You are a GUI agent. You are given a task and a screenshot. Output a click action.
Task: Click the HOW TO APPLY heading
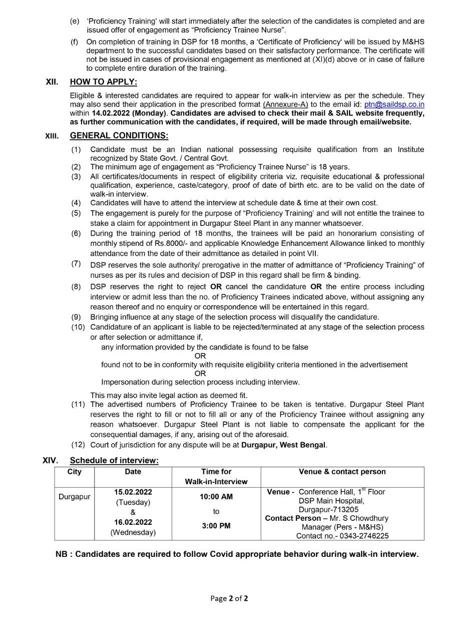(x=103, y=82)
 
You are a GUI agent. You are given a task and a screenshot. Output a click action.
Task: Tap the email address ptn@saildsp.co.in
(x=394, y=104)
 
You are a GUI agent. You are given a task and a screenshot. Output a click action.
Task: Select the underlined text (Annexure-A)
(x=285, y=104)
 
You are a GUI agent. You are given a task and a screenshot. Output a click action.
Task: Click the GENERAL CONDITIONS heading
(x=119, y=136)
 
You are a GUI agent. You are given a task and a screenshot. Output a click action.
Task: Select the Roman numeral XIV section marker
(x=50, y=460)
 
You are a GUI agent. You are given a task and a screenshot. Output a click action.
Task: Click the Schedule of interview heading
(x=114, y=461)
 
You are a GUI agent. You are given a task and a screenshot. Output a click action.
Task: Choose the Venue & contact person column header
(x=342, y=472)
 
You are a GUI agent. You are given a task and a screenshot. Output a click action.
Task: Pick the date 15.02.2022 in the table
(x=133, y=492)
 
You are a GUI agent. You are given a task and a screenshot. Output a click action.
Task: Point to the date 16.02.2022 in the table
(x=133, y=522)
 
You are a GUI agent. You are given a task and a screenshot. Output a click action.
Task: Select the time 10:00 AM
(x=216, y=497)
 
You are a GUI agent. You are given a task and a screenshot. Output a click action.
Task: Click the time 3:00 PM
(x=216, y=526)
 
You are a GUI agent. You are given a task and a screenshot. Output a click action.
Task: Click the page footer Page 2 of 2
(x=229, y=598)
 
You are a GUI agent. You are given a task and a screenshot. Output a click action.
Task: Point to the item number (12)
(x=78, y=445)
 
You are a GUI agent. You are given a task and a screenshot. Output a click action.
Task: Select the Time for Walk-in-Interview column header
(x=216, y=476)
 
